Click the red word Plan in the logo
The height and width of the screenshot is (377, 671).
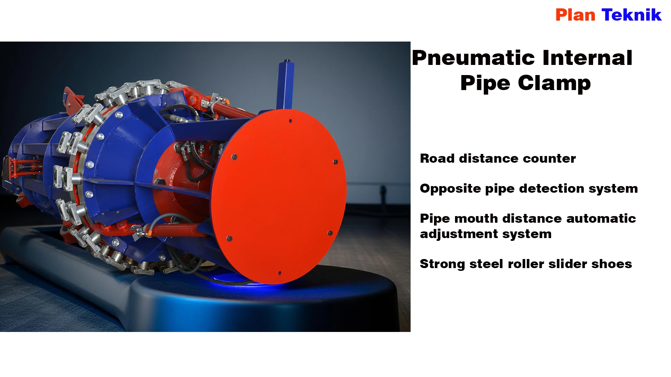575,15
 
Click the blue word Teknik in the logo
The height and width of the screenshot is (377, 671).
632,15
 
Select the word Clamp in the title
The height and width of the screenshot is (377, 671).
554,84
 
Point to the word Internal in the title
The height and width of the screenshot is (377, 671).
587,58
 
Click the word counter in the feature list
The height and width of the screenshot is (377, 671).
549,159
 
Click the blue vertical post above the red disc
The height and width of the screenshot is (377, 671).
286,85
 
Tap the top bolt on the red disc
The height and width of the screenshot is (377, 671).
290,121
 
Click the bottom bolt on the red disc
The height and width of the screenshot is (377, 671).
279,273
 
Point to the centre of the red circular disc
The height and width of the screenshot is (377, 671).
279,196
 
